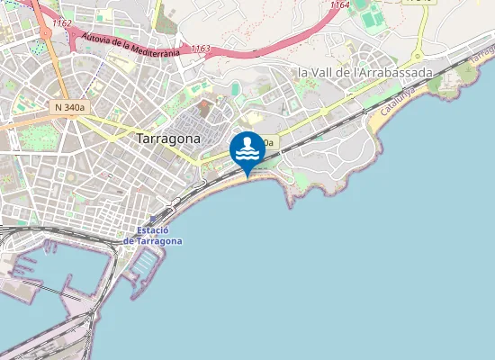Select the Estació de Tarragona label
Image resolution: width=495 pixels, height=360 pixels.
(153, 236)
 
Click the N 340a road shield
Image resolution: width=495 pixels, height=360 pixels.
(69, 107)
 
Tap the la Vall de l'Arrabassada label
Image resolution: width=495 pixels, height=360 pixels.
(365, 72)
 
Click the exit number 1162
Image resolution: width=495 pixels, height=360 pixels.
(62, 22)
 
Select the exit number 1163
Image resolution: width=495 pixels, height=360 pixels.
(200, 49)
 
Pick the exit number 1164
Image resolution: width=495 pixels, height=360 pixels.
(339, 5)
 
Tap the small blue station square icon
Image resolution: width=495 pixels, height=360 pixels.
(154, 218)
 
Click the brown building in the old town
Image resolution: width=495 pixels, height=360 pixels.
(203, 106)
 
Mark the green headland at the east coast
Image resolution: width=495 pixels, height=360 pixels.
(450, 85)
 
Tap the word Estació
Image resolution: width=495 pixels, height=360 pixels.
(153, 231)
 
